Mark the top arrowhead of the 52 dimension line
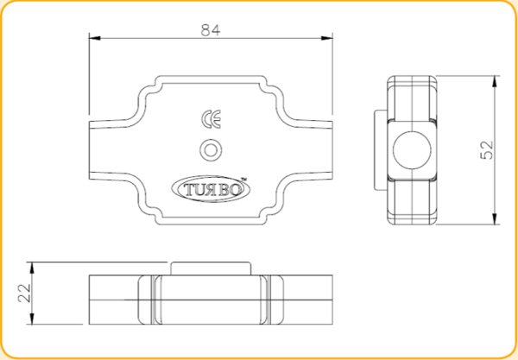[x=496, y=79]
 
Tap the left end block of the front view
[x=112, y=298]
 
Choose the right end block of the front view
[x=306, y=298]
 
